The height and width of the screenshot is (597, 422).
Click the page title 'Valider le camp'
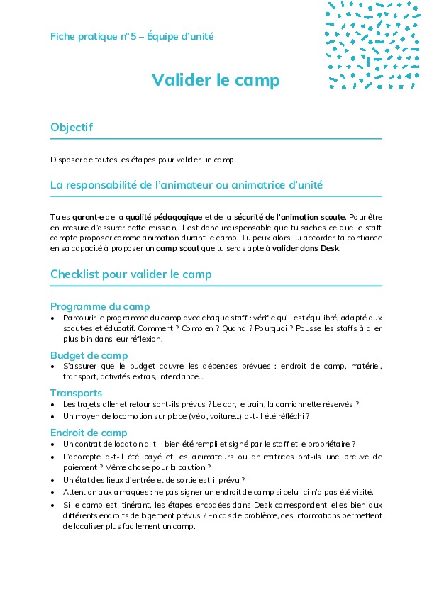pyautogui.click(x=216, y=80)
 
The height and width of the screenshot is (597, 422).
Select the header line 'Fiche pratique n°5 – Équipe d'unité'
pyautogui.click(x=132, y=36)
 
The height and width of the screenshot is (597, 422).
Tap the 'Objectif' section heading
pyautogui.click(x=72, y=128)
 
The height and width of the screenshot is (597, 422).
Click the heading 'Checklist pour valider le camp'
pyautogui.click(x=131, y=274)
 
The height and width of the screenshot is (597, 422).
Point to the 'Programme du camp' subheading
pyautogui.click(x=99, y=306)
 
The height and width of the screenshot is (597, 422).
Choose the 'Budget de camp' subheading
pyautogui.click(x=89, y=355)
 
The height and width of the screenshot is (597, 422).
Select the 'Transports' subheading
pyautogui.click(x=76, y=393)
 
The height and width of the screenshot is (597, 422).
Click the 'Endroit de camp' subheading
pyautogui.click(x=89, y=433)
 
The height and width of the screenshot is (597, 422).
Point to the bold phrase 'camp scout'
pyautogui.click(x=206, y=248)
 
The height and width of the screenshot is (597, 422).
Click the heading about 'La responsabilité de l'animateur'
pyautogui.click(x=187, y=185)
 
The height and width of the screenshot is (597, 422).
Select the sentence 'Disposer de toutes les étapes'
pyautogui.click(x=143, y=159)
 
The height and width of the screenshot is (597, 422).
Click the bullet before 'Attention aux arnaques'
pyautogui.click(x=54, y=492)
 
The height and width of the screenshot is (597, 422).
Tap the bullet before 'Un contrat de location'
pyautogui.click(x=54, y=444)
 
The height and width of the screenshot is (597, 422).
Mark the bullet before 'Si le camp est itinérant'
pyautogui.click(x=54, y=504)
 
